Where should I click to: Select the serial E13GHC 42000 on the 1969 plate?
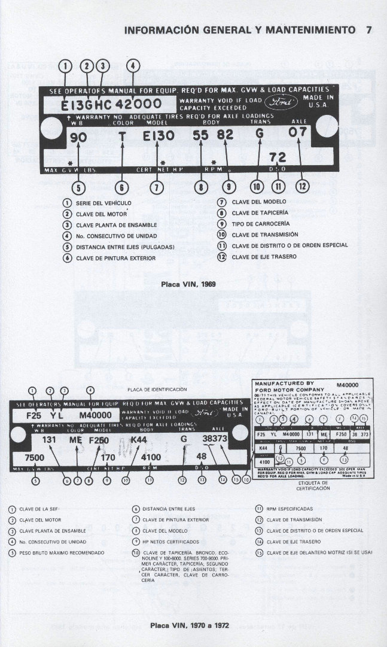pos(111,104)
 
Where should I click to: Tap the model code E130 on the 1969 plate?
pos(159,136)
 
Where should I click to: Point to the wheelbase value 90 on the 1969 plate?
pos(78,137)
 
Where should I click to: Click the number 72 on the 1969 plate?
pos(277,157)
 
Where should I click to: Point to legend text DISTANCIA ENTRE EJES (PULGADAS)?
pos(125,247)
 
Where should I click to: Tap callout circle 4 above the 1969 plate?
pos(134,66)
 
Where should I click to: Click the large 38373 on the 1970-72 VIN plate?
pos(215,439)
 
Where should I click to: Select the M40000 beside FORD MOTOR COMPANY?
pos(349,385)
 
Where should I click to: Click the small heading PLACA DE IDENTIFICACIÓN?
pos(153,390)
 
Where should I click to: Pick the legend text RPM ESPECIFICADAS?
pos(287,509)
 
